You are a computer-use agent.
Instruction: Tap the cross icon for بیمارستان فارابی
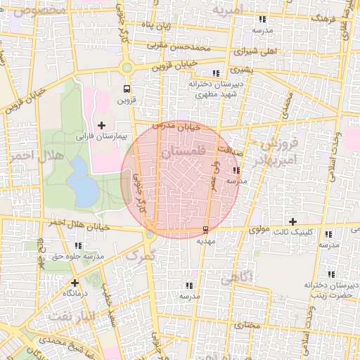click(x=102, y=125)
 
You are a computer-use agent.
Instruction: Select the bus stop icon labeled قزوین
click(x=127, y=89)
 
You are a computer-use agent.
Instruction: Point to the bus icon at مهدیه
click(x=205, y=229)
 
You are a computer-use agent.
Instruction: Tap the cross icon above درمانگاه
click(x=75, y=283)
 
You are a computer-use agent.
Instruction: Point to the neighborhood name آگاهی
click(x=236, y=278)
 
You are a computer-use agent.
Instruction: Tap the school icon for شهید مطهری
click(x=216, y=73)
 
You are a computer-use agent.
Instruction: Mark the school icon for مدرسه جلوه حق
click(x=77, y=246)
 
